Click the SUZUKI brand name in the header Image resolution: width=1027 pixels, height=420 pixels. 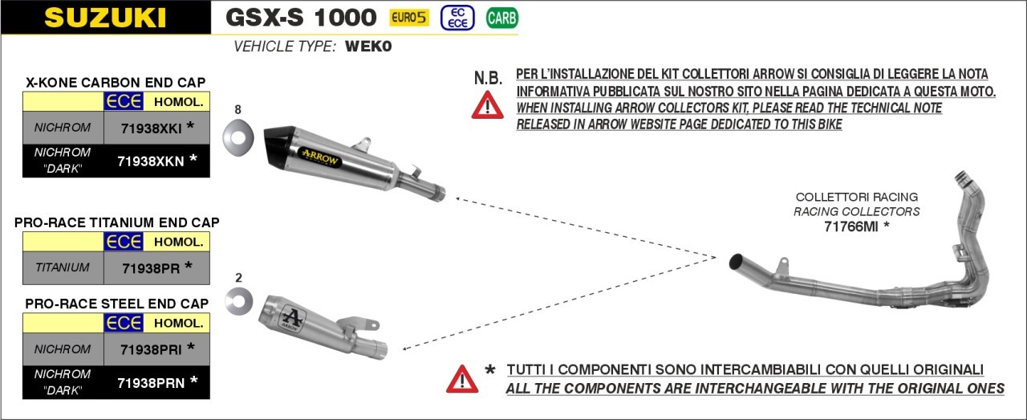(105, 18)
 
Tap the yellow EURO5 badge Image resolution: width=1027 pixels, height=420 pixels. (409, 18)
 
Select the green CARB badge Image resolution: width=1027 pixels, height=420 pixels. (502, 18)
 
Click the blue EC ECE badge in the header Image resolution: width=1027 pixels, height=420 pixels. (457, 18)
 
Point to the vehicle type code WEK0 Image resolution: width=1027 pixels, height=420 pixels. (368, 47)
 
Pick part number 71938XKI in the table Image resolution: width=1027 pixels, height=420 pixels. (152, 128)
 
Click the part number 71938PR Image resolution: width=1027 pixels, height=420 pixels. (151, 268)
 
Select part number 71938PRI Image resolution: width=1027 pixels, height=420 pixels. (152, 350)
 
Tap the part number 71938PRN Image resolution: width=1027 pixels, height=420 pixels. (151, 383)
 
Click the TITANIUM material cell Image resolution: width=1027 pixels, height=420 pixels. (63, 267)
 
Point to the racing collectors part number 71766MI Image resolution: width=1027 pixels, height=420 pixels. (851, 226)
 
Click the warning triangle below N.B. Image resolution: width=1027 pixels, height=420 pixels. (488, 105)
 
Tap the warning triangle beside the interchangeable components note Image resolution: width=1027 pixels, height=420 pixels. (462, 379)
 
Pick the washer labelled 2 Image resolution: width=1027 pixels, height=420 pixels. (238, 301)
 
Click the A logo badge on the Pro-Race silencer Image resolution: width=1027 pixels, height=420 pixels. (291, 317)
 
